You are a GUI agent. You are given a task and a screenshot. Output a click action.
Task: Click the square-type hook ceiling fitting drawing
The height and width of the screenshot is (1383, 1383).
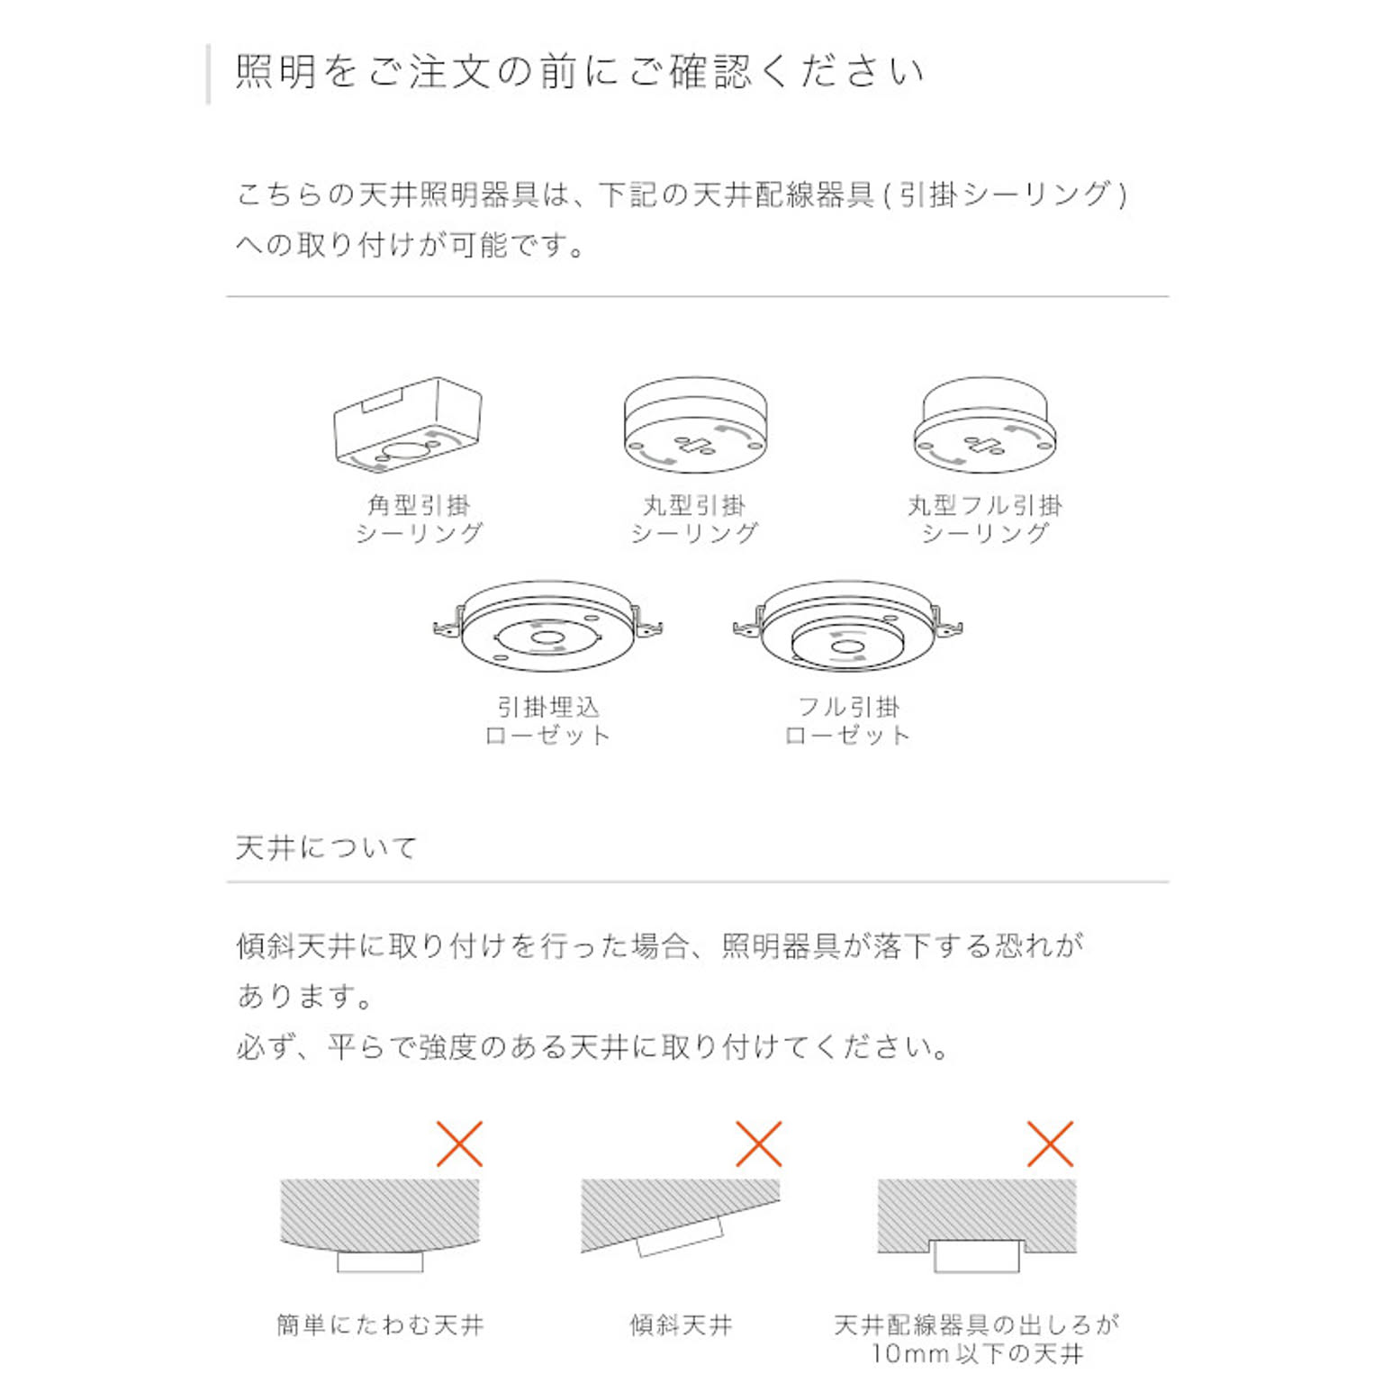pos(407,425)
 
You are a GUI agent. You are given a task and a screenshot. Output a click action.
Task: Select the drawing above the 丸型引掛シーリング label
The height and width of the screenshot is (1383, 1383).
pos(695,425)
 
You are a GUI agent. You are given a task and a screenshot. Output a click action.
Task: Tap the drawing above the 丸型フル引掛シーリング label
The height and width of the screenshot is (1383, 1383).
pos(985,425)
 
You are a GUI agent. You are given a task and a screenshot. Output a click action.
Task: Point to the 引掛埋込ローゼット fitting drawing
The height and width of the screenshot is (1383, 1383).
pos(547,627)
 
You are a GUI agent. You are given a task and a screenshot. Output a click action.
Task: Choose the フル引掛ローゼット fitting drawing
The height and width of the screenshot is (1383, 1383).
pos(847,627)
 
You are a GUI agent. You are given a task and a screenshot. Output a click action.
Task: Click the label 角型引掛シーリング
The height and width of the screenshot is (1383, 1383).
pos(420,520)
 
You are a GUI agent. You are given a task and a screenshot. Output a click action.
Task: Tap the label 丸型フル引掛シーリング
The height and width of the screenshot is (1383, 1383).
pos(985,520)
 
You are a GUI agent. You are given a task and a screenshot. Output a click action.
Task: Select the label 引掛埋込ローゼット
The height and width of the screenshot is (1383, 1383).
pos(547,721)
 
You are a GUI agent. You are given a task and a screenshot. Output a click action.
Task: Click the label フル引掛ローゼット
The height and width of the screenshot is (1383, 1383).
pos(847,721)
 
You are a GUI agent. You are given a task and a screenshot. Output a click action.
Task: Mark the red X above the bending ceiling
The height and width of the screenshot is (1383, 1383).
pos(459,1143)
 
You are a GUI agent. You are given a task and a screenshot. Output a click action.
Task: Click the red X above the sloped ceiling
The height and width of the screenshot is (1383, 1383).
pos(758,1143)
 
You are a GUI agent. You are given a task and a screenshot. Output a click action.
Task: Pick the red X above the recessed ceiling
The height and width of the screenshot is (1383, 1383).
pos(1050,1143)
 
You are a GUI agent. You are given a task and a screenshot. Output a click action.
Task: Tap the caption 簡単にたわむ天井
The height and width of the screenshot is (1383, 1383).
pos(380,1325)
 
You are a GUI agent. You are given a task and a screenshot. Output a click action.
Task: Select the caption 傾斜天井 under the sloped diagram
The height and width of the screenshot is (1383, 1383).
pos(681,1325)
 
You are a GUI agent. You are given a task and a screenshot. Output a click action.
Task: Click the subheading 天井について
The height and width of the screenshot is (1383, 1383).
pos(326,847)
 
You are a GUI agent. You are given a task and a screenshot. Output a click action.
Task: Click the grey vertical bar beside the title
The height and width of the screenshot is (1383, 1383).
pos(209,74)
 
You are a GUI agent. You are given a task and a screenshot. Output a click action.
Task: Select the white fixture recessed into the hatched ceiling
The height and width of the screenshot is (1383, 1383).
pos(977,1256)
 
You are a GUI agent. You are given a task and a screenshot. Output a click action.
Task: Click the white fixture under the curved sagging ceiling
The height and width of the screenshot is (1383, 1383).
pos(380,1261)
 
